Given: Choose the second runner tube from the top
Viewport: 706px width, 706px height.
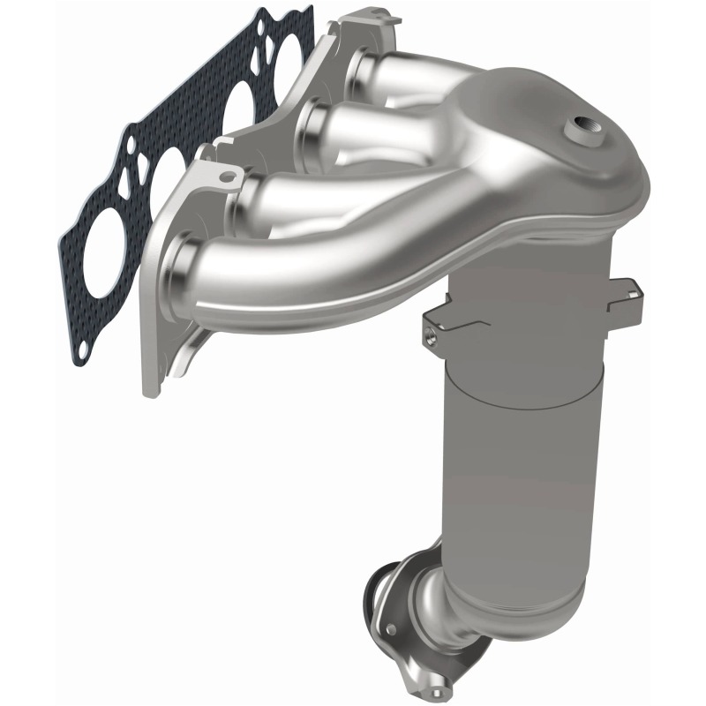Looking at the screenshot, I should pyautogui.click(x=371, y=132).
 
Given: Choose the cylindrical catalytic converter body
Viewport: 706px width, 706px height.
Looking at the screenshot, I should pyautogui.click(x=512, y=441).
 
